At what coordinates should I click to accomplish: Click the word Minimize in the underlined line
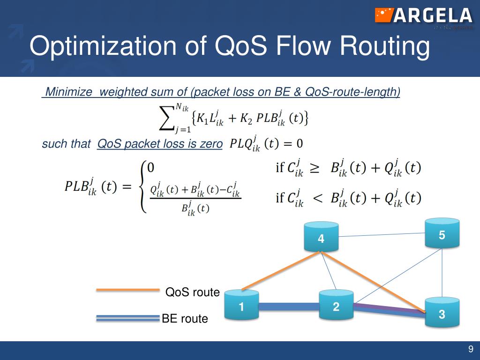coord(68,92)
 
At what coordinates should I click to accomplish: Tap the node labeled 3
coord(442,313)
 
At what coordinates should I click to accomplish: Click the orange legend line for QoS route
coord(127,290)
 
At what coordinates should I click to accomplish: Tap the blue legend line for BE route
coord(127,318)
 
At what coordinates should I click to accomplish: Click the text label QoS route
coord(193,292)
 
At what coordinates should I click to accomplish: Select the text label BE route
coord(185,319)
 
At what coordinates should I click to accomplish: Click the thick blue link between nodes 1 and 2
coord(289,307)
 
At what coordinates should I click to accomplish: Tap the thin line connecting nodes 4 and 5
coord(382,234)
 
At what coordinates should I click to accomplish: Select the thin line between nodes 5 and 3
coord(442,272)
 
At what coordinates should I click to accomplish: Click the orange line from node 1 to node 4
coord(281,271)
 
